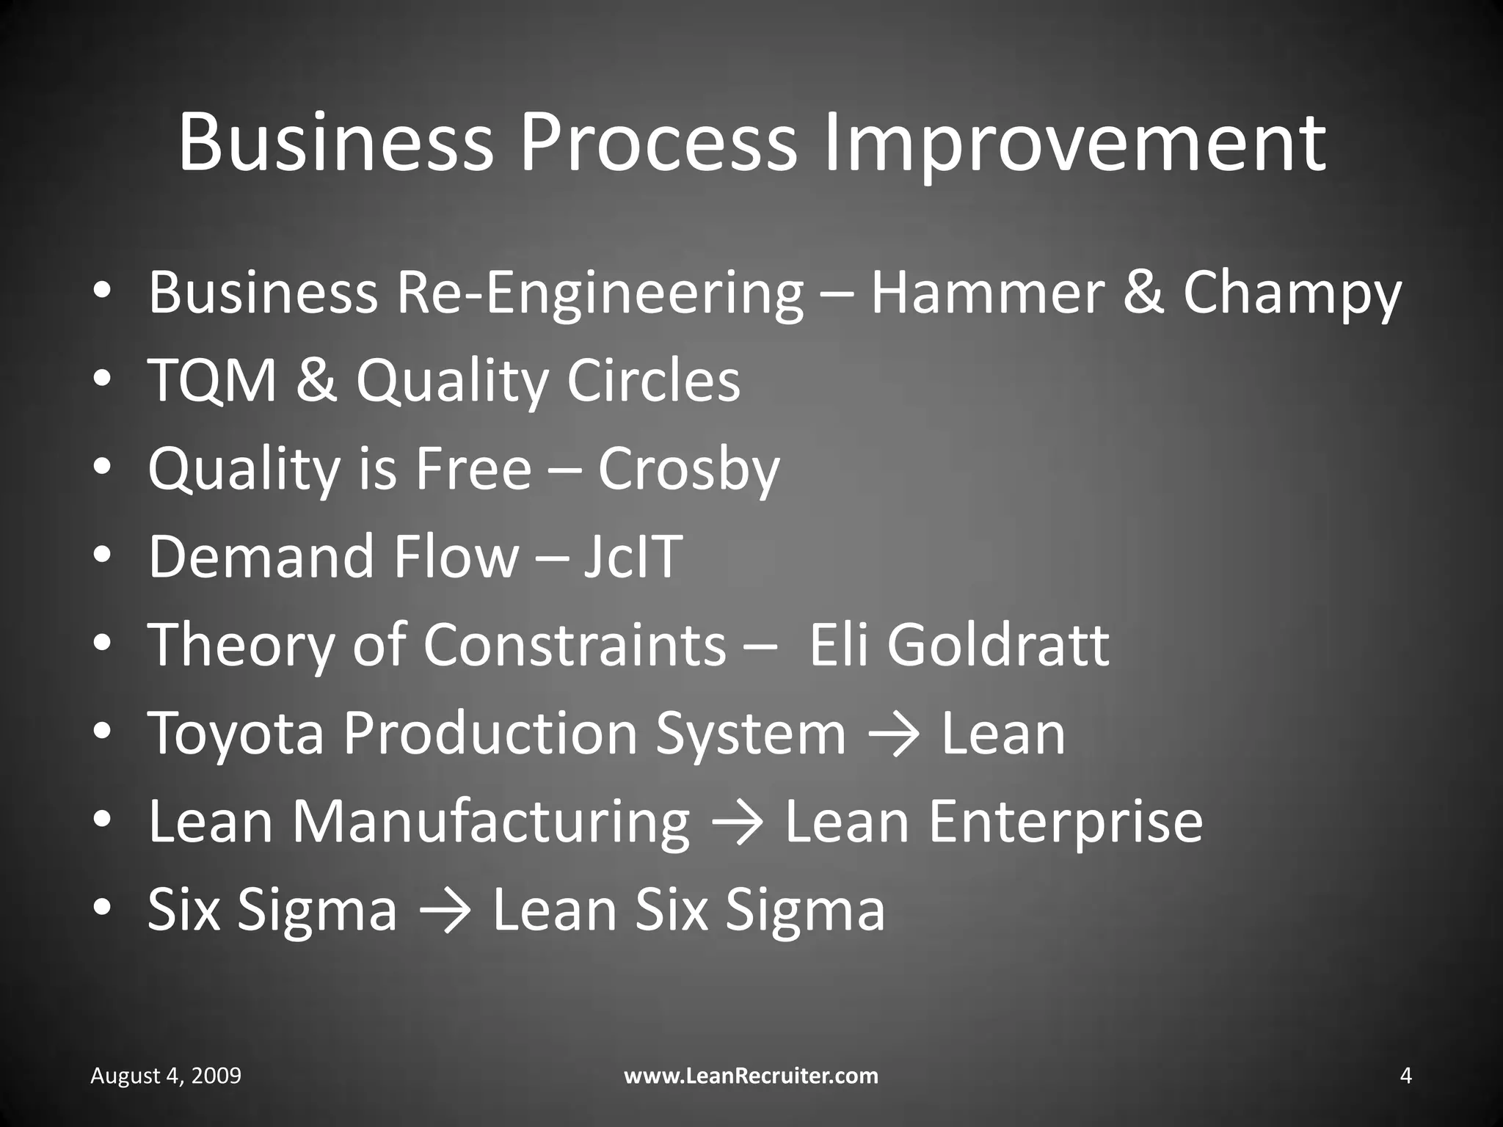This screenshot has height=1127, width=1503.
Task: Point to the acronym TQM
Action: click(x=213, y=382)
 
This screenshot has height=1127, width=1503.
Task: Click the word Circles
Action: click(x=653, y=382)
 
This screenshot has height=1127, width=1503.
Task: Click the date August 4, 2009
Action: click(x=166, y=1076)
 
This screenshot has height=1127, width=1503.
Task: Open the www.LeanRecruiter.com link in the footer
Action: click(x=751, y=1076)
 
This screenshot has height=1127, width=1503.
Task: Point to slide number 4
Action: click(x=1405, y=1076)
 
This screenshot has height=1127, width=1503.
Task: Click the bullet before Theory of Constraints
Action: click(x=102, y=643)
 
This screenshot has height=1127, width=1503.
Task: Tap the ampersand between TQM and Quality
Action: click(x=316, y=382)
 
